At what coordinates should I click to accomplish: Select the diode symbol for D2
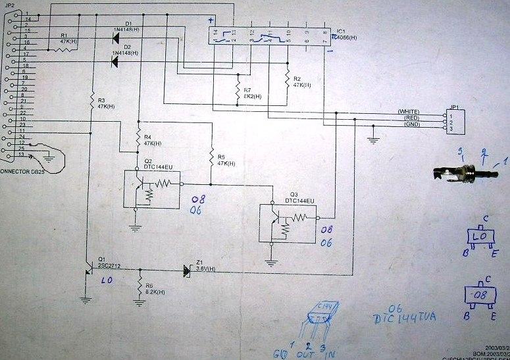[x=115, y=62]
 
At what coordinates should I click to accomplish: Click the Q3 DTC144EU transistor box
[x=288, y=224]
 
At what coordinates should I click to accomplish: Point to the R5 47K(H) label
[x=220, y=161]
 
